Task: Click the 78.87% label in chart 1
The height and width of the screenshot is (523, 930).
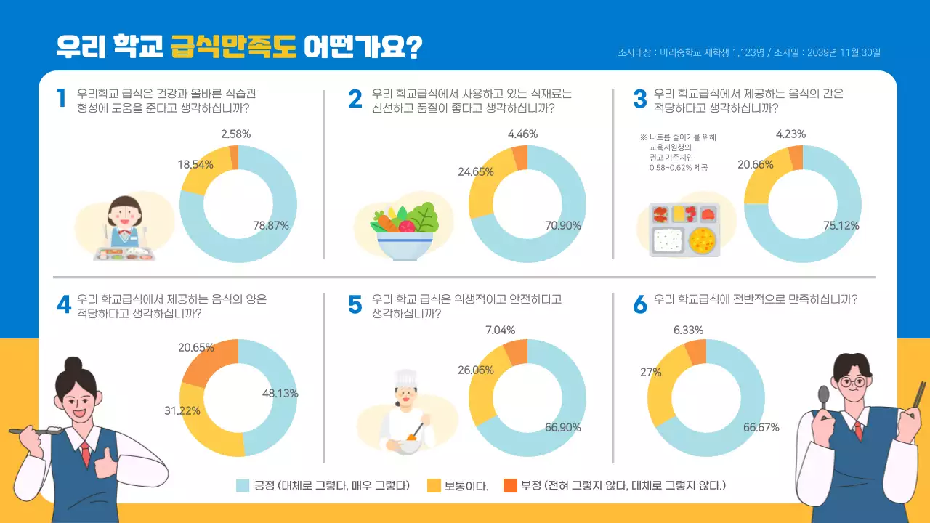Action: [271, 226]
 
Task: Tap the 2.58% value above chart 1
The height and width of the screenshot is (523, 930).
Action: [236, 134]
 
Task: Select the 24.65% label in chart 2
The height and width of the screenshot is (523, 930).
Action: [476, 172]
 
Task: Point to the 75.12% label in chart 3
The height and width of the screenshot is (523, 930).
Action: [841, 226]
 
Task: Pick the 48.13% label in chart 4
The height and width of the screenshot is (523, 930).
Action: [280, 394]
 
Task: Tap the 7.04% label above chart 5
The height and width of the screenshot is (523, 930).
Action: [500, 331]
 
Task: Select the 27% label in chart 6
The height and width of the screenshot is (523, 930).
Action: [650, 372]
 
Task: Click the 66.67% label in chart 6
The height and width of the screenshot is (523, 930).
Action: [761, 427]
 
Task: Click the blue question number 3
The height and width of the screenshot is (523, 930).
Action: [639, 100]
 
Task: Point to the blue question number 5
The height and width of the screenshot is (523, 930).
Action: [355, 305]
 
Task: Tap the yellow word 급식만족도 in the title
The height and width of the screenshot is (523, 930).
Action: [233, 46]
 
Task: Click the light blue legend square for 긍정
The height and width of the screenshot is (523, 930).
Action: [243, 485]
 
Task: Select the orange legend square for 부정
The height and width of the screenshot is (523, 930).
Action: [510, 485]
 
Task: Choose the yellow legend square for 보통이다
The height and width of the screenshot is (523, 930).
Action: [434, 485]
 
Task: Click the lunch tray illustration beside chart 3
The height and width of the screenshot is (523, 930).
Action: [684, 230]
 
